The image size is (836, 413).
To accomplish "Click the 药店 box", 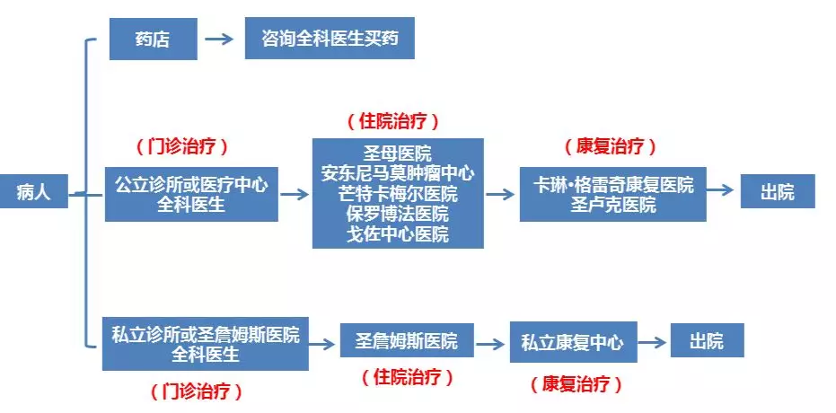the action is coord(153,39).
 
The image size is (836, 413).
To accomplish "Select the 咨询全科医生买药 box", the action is coord(330,39).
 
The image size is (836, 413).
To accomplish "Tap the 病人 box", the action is coord(33,191).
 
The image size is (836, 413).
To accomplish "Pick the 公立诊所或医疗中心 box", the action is coord(191,195).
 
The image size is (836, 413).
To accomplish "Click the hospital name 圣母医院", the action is coord(398,154).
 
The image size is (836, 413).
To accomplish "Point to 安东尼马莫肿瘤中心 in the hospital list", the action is coord(398,173).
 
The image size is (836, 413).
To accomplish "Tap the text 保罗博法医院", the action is coord(398,215).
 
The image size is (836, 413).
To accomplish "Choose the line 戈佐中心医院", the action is coord(398,234).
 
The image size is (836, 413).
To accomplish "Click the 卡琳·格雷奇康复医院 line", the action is coord(613,184).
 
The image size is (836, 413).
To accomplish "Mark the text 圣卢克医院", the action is coord(613,205).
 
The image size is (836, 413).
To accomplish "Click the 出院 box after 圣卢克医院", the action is coord(778,191).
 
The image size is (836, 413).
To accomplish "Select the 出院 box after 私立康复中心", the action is coord(707,340).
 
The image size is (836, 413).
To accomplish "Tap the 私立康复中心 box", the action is coord(573,342).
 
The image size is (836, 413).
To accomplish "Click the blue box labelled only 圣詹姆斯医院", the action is coord(407,340).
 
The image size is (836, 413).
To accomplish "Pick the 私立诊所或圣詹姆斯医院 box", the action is coord(206,344).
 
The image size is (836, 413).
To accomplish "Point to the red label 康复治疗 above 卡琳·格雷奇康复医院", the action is coord(611,146).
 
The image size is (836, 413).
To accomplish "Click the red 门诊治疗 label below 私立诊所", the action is coord(196,392).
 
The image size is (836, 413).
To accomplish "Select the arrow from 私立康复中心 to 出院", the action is coord(652,342).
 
